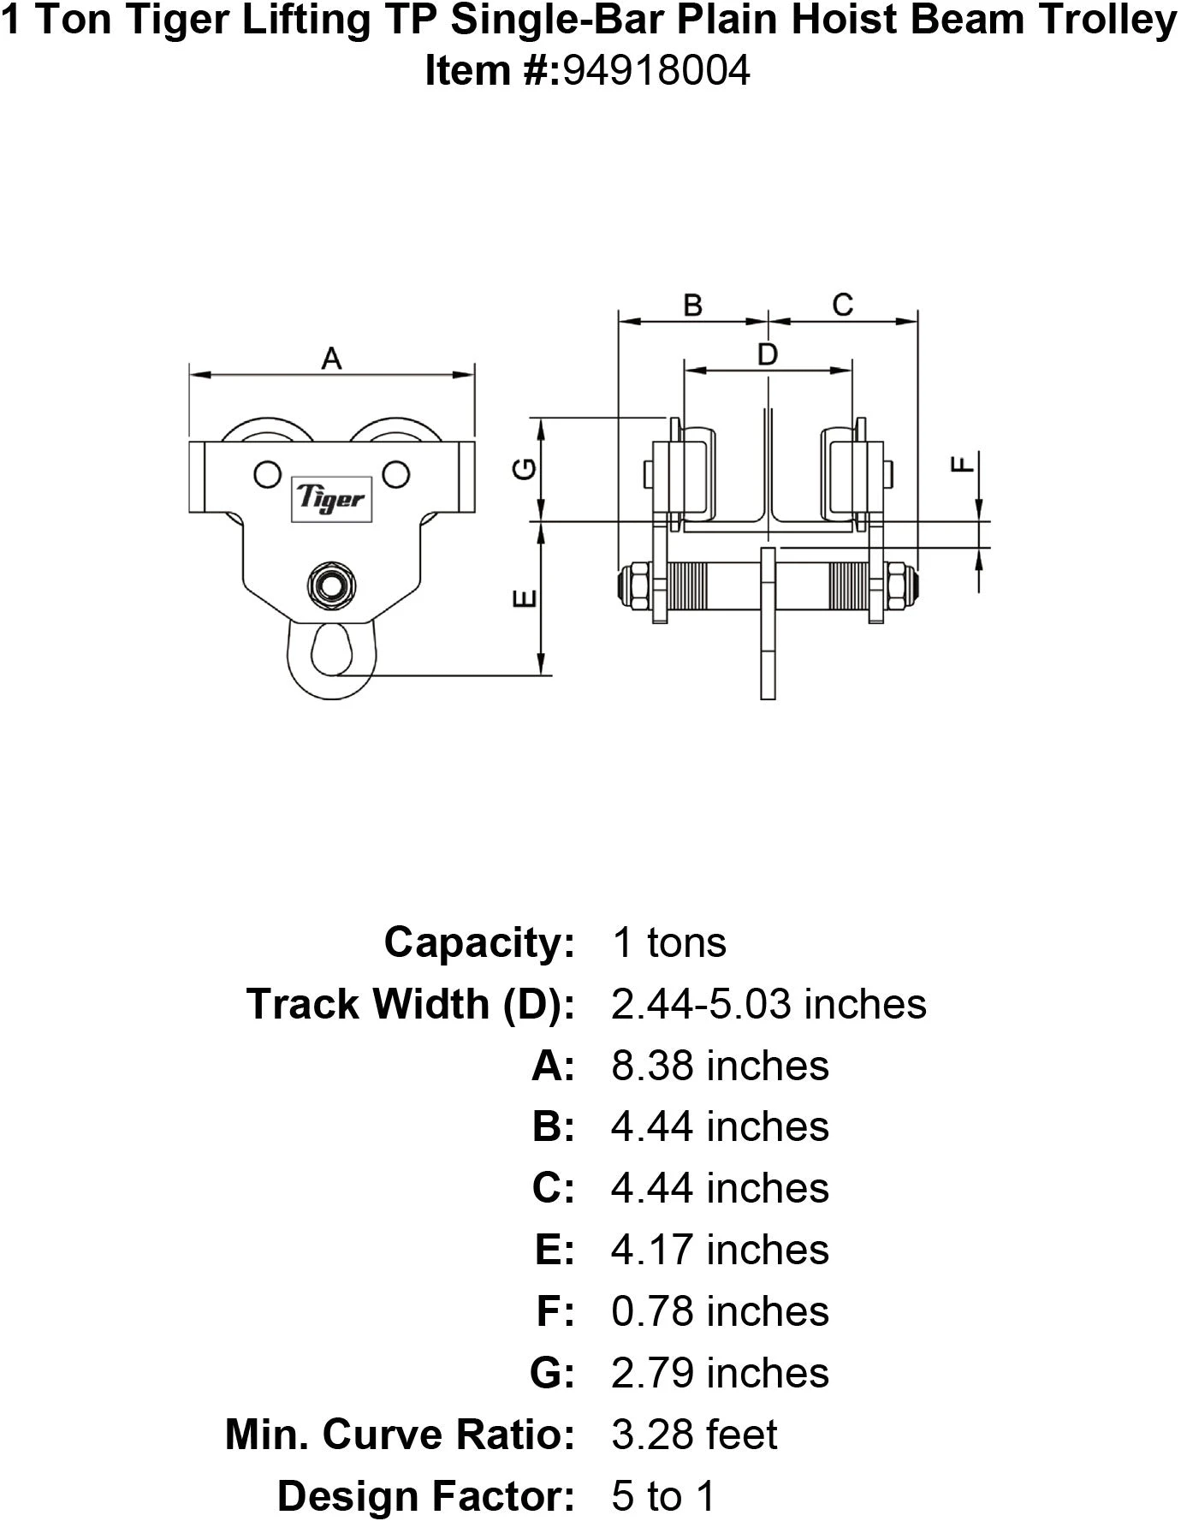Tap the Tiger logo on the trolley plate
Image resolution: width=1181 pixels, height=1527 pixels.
[331, 498]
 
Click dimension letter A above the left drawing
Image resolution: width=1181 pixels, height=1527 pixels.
[331, 359]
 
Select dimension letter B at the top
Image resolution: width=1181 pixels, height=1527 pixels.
[692, 305]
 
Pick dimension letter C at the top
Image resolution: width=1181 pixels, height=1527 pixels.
[842, 305]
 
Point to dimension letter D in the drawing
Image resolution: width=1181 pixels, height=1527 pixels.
[768, 354]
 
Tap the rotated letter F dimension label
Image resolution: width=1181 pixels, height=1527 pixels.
[964, 465]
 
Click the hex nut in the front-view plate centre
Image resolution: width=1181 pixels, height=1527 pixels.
[331, 585]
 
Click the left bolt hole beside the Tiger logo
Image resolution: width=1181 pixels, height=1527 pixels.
[266, 472]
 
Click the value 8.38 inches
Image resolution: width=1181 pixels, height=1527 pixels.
[720, 1067]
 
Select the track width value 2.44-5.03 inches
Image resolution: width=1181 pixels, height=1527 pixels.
[769, 1004]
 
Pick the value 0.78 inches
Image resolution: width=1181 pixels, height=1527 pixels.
[720, 1311]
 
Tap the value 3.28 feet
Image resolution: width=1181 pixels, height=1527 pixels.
[694, 1435]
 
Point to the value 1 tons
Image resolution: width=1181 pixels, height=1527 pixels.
[669, 942]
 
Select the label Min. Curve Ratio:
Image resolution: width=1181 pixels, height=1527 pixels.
[400, 1435]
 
